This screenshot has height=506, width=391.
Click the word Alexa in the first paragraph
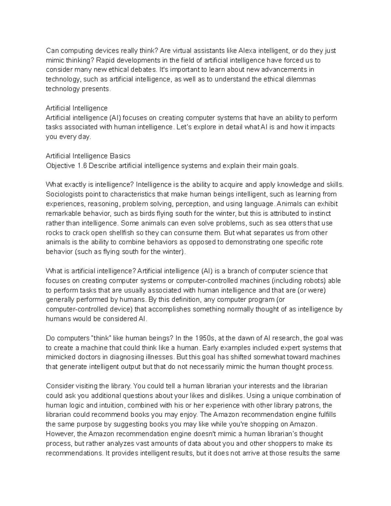(247, 51)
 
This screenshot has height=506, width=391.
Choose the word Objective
(60, 166)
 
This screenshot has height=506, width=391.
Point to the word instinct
(320, 213)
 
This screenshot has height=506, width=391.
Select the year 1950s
(205, 338)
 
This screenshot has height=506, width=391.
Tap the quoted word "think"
(102, 338)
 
